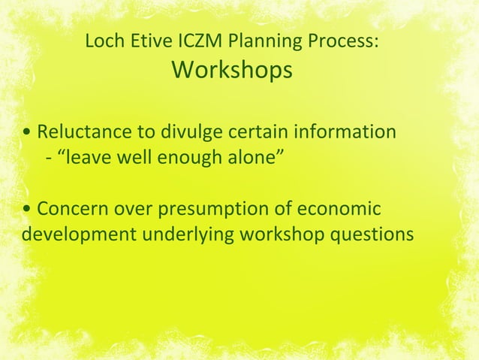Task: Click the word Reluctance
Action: coord(83,132)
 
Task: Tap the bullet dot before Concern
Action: coord(27,210)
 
